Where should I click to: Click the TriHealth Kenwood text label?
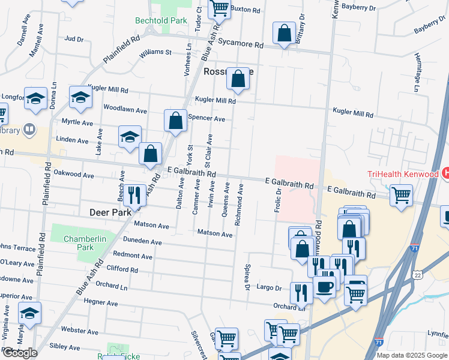(x=402, y=174)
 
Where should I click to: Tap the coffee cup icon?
(x=325, y=286)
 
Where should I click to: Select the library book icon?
(x=28, y=130)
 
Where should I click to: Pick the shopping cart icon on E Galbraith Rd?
(x=400, y=194)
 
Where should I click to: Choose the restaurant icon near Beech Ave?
(x=134, y=194)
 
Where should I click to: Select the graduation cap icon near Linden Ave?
(x=129, y=137)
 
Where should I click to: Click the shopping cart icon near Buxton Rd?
(x=220, y=8)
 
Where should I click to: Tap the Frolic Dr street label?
(x=278, y=201)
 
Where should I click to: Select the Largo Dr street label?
(x=270, y=288)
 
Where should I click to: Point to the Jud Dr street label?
(x=74, y=39)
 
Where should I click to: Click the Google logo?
(x=19, y=353)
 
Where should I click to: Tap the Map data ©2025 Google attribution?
(x=411, y=355)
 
